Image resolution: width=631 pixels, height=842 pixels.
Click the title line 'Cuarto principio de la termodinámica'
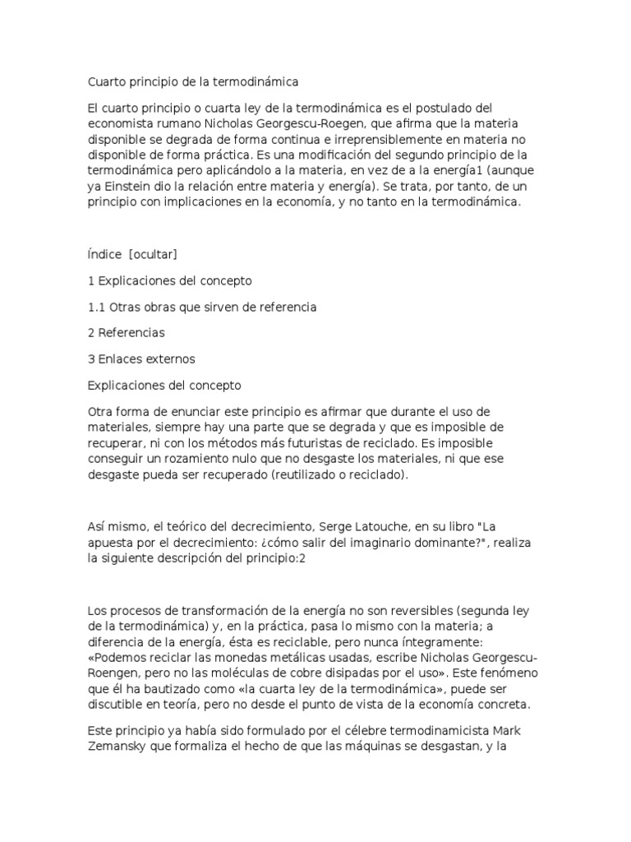pyautogui.click(x=193, y=82)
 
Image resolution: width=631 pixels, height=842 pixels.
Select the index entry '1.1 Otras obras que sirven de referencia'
pyautogui.click(x=202, y=307)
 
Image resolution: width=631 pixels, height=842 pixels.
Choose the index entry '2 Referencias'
pyautogui.click(x=127, y=333)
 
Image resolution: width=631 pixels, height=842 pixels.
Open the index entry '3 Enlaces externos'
pyautogui.click(x=141, y=359)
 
